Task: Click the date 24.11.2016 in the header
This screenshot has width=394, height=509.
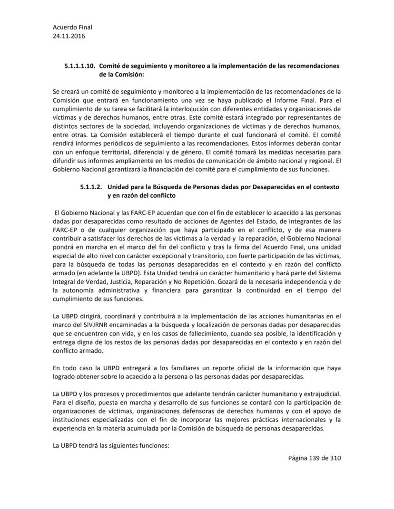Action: click(67, 36)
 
